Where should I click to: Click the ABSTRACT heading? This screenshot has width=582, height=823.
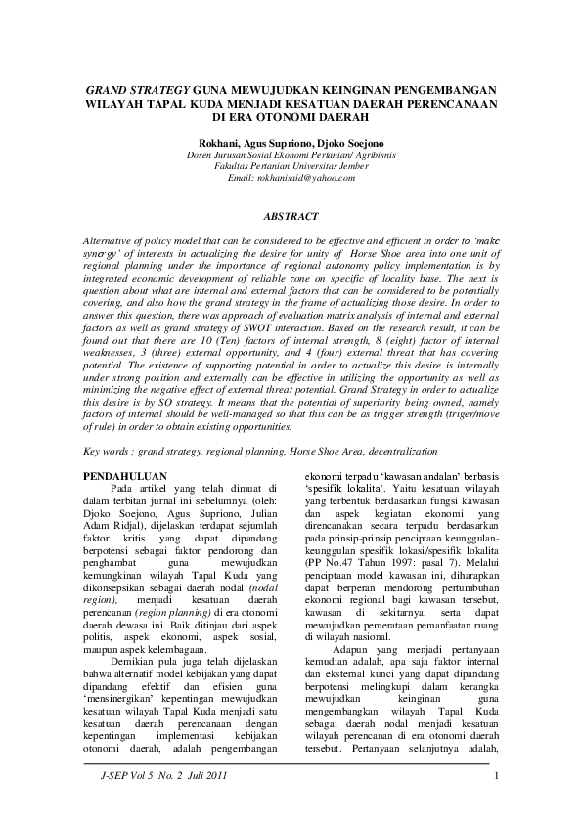291,213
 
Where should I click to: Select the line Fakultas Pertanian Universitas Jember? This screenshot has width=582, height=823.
291,166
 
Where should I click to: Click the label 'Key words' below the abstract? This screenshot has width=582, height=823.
103,452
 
